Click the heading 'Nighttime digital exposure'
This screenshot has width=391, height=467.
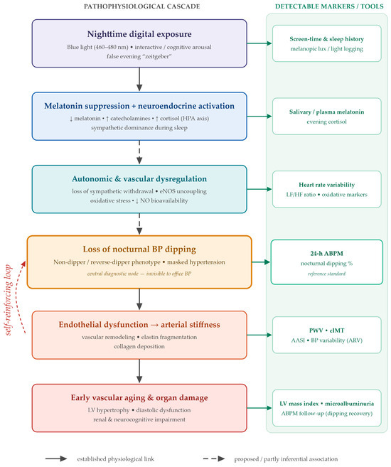point(139,34)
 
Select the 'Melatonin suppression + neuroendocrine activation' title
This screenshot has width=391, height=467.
point(139,106)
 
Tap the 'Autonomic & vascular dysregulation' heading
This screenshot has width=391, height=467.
point(139,178)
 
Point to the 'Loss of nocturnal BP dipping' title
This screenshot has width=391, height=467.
point(139,249)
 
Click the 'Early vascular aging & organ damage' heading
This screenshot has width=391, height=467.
point(139,397)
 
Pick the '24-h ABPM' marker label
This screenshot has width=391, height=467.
point(327,254)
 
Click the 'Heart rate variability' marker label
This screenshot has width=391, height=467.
point(327,185)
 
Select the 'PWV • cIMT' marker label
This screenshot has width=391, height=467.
point(327,331)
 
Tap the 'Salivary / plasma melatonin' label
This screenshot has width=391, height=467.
point(327,112)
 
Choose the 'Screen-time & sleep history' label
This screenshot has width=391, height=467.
point(327,39)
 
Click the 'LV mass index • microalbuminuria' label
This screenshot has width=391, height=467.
point(327,404)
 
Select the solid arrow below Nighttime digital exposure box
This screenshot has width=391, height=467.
point(139,79)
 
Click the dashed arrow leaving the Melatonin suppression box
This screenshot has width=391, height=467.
point(139,152)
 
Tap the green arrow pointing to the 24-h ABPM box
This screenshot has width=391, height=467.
point(261,262)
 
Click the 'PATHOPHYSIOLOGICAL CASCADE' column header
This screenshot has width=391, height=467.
point(141,6)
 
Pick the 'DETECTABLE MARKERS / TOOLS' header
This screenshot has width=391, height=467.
point(329,6)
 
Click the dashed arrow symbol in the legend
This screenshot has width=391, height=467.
point(214,458)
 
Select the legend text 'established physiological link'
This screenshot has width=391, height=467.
point(116,459)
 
